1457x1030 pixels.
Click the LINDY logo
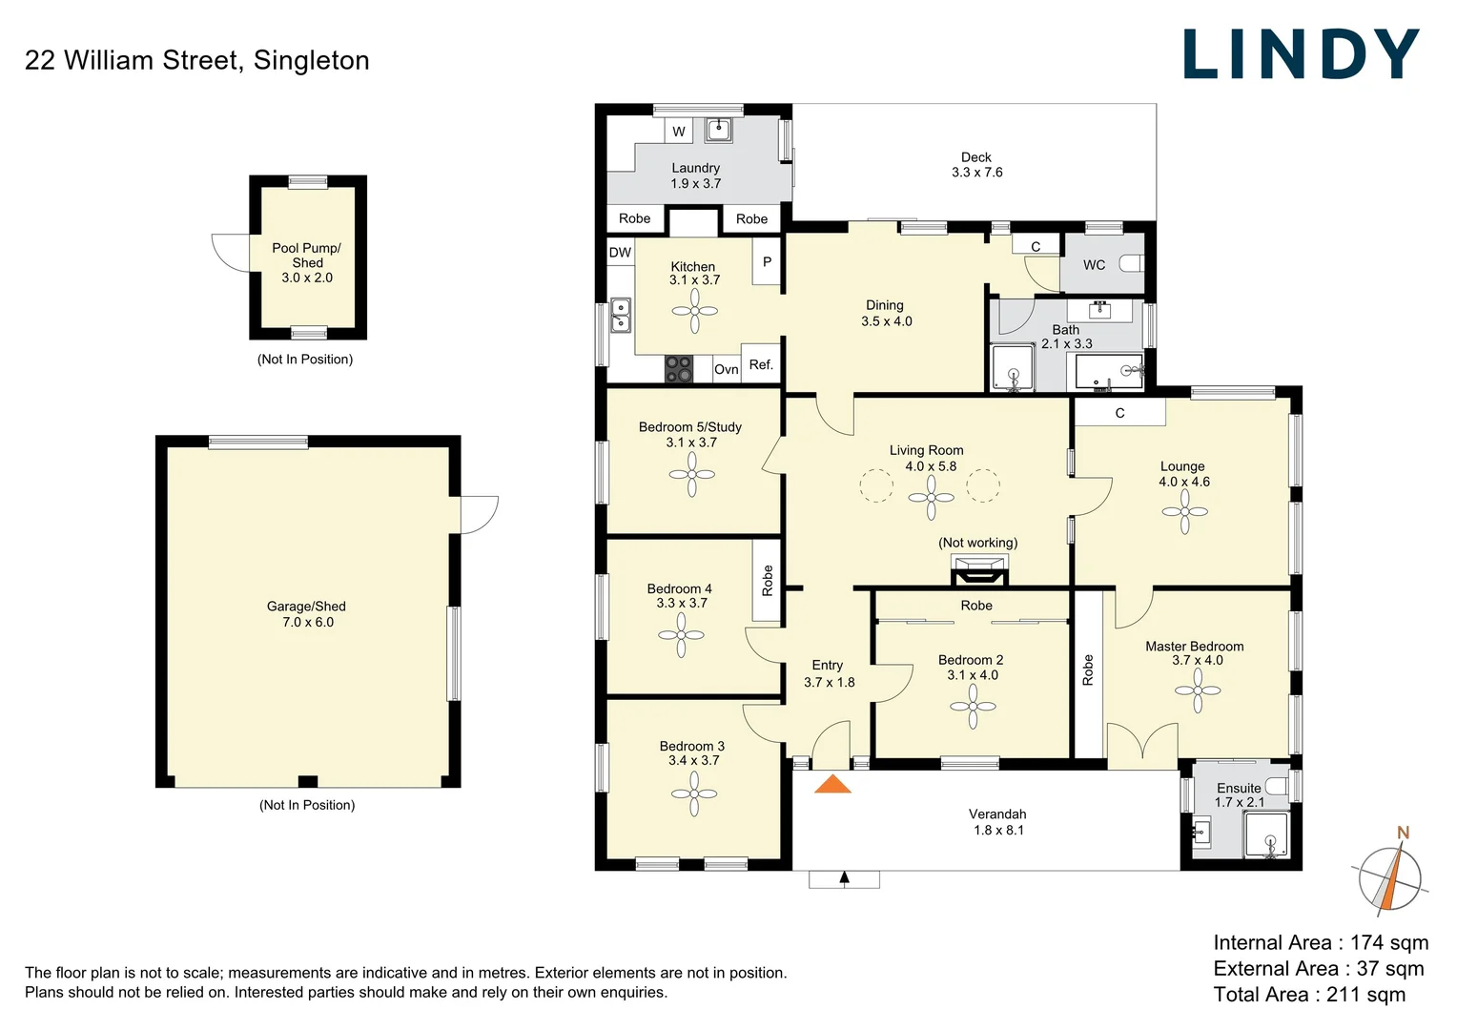point(1301,54)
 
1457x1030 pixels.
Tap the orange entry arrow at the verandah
point(832,785)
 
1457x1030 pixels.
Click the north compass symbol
point(1391,875)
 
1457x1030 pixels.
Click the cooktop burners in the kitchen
point(679,369)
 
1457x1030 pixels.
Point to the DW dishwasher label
point(620,253)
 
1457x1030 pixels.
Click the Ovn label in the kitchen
point(726,369)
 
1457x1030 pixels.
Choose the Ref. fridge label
point(761,364)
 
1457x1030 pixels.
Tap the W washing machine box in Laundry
point(679,132)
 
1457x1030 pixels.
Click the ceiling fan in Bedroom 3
point(694,793)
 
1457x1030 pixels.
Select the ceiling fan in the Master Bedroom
point(1198,690)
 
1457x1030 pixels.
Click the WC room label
point(1094,265)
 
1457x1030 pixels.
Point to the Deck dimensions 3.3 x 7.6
point(976,173)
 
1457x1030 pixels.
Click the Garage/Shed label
point(306,607)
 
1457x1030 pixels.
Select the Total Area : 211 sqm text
point(1308,995)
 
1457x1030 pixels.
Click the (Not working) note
point(977,543)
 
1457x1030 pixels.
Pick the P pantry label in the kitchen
point(767,261)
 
